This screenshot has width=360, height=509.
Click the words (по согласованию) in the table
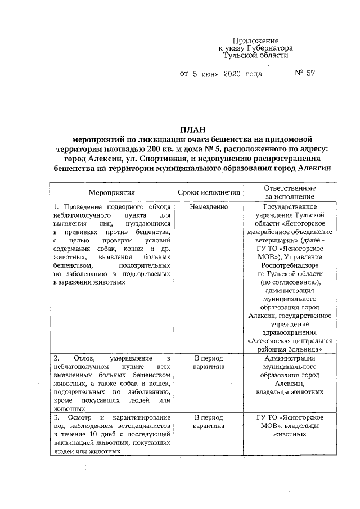pyautogui.click(x=290, y=281)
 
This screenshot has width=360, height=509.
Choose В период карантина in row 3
pyautogui.click(x=209, y=422)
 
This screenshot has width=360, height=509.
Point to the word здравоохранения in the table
pyautogui.click(x=290, y=332)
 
